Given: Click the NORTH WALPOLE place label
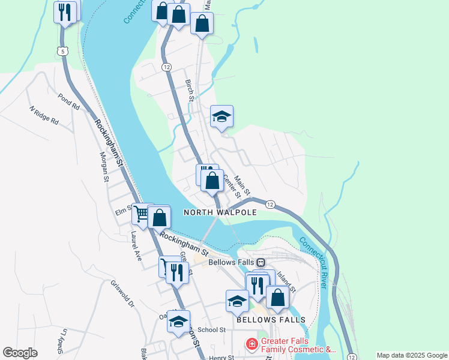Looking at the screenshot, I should pos(220,212).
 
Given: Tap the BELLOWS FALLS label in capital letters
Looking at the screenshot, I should pos(271,319).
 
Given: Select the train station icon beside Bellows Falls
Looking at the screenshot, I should pos(261,262).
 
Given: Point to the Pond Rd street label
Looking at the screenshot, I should pos(68,100).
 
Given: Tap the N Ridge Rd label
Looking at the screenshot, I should pos(44,115).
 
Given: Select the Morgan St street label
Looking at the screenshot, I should pos(104,166).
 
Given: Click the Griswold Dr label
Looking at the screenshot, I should pos(121,293).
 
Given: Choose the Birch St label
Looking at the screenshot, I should pos(190,89).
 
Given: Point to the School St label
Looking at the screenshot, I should pos(211,329).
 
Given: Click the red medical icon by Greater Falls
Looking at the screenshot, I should pos(252,344).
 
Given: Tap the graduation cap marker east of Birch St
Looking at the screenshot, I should pos(221,116).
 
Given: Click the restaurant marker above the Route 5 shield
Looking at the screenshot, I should pos(65,11).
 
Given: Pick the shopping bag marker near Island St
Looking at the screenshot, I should pos(277,296).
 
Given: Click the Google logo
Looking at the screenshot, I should pos(20,353).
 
